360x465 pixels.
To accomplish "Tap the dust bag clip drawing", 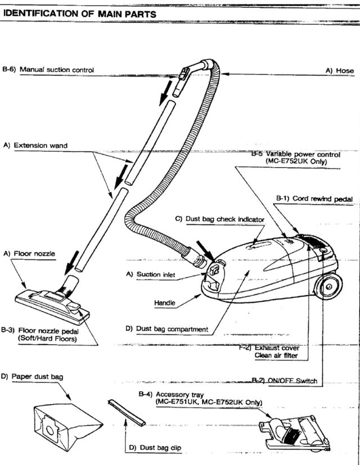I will [126, 412].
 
